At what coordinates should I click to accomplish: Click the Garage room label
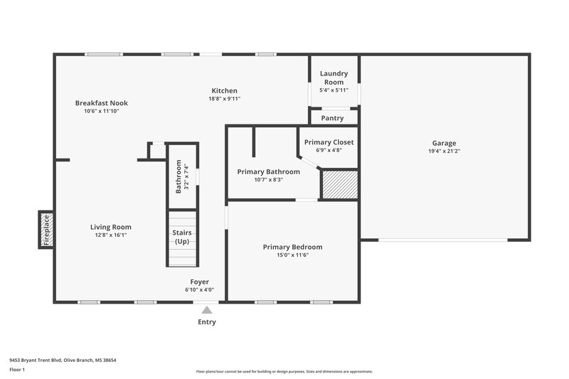[444, 143]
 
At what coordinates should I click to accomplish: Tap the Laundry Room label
[334, 78]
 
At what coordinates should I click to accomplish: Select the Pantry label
[332, 118]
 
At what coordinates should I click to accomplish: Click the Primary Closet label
[329, 142]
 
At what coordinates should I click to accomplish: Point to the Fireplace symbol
[46, 230]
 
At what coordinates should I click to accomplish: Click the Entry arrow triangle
[206, 310]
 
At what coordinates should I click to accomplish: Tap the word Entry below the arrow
[206, 322]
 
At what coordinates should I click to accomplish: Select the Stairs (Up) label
[182, 237]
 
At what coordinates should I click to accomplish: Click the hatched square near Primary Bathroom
[338, 185]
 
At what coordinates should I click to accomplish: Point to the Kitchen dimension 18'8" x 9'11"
[224, 99]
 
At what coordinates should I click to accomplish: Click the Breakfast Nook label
[101, 103]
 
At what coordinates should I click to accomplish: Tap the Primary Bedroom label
[292, 247]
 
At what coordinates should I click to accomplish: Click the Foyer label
[199, 282]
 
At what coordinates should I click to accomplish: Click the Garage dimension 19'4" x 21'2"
[444, 151]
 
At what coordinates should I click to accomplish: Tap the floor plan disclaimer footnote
[284, 371]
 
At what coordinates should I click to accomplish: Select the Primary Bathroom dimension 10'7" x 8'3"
[269, 180]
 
